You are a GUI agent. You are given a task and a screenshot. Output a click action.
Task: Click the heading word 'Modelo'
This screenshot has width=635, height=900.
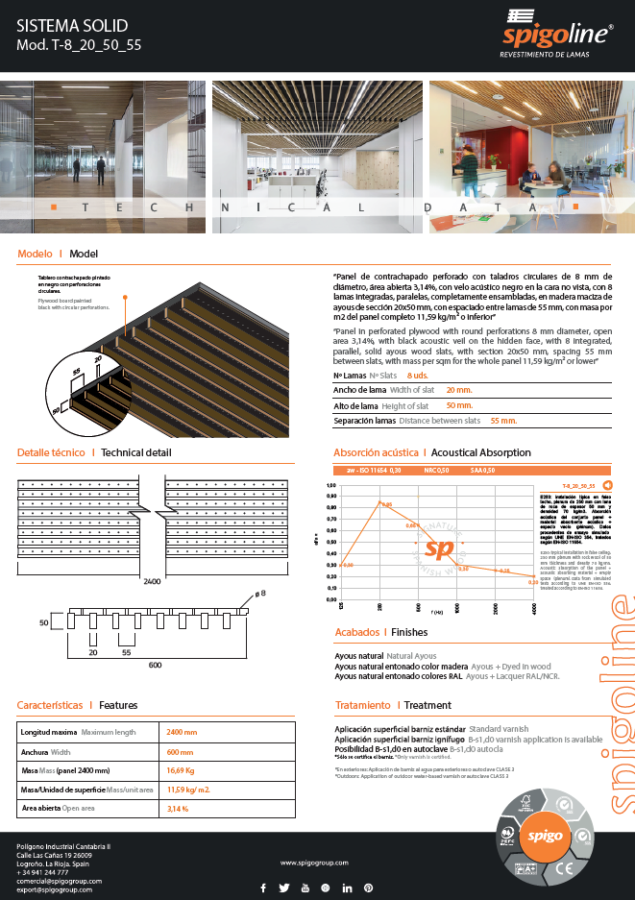click(x=36, y=255)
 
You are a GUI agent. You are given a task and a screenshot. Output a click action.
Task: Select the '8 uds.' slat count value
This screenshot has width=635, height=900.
click(x=418, y=375)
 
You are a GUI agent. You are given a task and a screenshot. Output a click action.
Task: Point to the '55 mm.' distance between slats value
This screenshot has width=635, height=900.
click(x=503, y=421)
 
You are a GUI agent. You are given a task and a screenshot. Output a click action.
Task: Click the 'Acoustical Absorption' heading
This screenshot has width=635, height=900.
click(x=480, y=451)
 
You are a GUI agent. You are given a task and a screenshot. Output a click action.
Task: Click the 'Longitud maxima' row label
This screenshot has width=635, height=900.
click(x=50, y=732)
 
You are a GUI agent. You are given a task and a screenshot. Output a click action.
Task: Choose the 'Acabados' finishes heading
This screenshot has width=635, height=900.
click(x=355, y=632)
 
